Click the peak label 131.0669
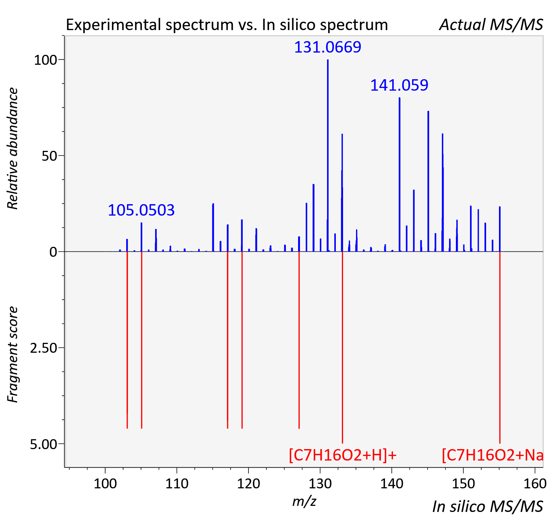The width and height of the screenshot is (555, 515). coord(327,47)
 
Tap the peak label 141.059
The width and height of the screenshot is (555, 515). coord(399,85)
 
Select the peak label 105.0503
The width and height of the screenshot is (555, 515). coord(141,210)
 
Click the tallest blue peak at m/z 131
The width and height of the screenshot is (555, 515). coord(328,155)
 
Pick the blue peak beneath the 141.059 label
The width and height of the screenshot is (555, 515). coord(399,174)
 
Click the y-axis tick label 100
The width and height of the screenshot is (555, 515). coord(45,60)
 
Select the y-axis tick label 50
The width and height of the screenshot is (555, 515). coord(49,156)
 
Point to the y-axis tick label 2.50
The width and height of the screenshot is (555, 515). coord(43,348)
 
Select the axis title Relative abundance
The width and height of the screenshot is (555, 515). coord(13,148)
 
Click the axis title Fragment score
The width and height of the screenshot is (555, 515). coord(13,355)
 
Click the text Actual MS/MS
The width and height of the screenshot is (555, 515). coord(491,25)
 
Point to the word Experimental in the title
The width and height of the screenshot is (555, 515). coord(114,25)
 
